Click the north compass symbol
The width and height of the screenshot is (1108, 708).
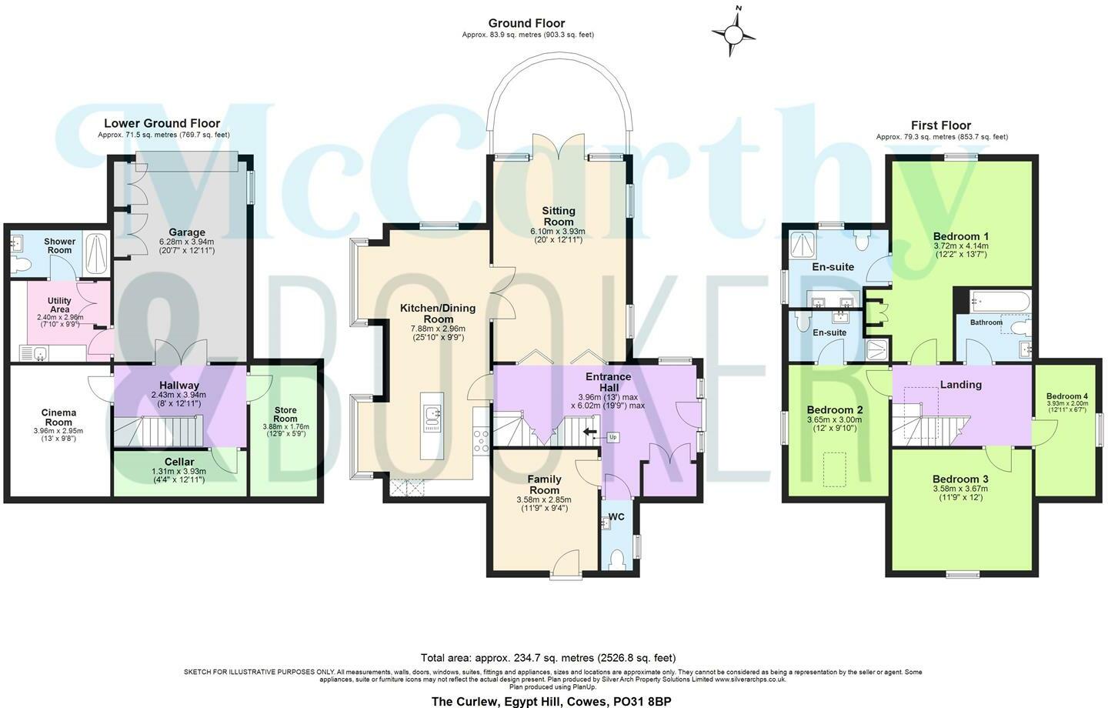coord(734,35)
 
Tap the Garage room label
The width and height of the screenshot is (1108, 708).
coord(187,232)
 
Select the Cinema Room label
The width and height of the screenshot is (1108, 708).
coord(58,417)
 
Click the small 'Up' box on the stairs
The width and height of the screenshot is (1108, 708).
coord(612,437)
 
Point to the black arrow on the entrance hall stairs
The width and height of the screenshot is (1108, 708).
coord(590,432)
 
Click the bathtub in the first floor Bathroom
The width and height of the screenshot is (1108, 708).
coord(1000,301)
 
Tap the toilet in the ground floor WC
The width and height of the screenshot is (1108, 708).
coord(616,559)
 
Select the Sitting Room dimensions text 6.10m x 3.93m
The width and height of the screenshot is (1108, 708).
coord(558,231)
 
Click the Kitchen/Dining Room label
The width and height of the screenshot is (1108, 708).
coord(438,313)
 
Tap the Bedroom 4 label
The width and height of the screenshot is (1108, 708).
coord(1067,396)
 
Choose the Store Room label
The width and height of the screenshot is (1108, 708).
coord(285,414)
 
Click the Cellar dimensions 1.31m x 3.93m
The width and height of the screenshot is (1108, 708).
coord(179,472)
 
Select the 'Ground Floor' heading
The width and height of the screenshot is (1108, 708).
coord(526,23)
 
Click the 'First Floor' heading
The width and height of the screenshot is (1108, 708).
coord(941,125)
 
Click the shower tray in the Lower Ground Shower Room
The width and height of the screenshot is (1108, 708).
coord(96,253)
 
